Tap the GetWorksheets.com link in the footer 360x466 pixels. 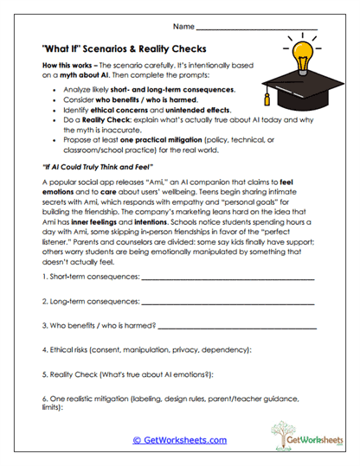[179, 440]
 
